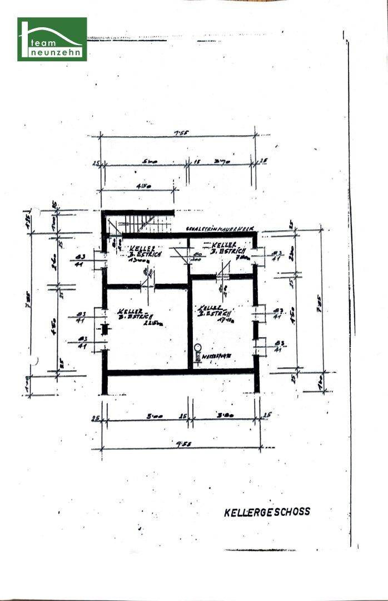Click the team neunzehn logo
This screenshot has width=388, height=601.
tap(52, 39)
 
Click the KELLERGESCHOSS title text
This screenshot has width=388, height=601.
tap(267, 511)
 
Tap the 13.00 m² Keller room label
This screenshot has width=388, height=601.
tap(133, 253)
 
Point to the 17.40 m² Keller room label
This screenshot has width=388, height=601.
tap(212, 314)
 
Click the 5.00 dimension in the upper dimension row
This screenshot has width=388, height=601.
tap(150, 162)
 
